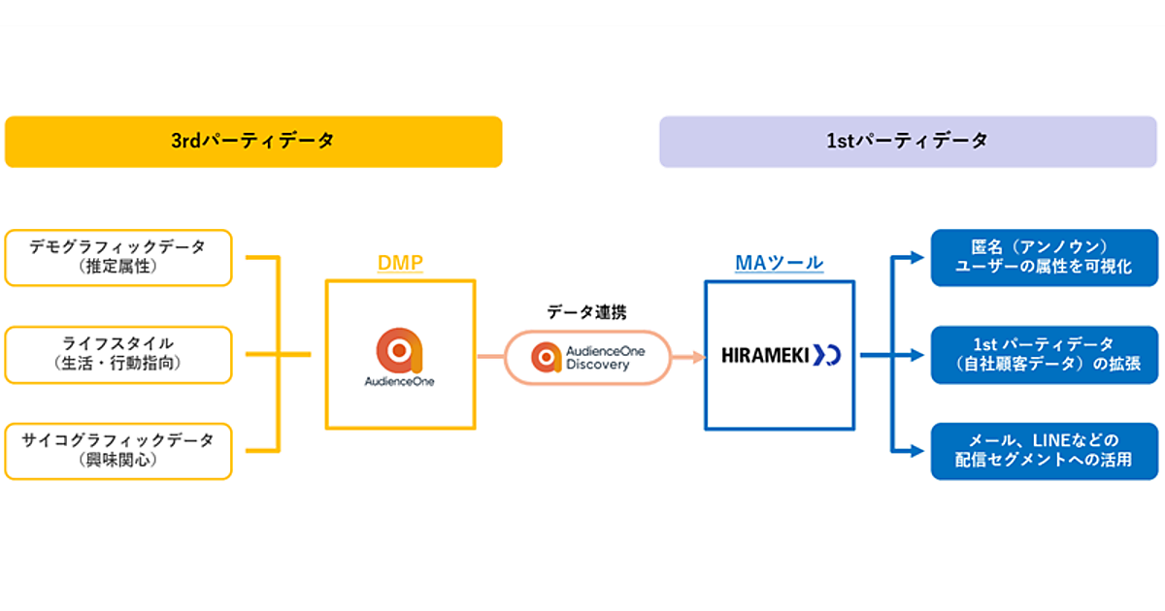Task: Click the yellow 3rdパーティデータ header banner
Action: click(x=253, y=142)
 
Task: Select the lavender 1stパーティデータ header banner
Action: click(x=908, y=142)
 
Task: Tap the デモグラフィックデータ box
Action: click(x=118, y=258)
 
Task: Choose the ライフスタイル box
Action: click(x=118, y=354)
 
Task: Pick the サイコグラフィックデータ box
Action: click(x=118, y=451)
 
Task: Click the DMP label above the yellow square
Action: click(x=400, y=263)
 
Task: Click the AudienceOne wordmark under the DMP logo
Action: click(x=400, y=382)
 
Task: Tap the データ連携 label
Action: click(x=586, y=312)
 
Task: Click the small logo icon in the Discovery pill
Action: click(x=547, y=357)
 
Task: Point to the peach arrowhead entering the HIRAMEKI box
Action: click(x=697, y=357)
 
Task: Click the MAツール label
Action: click(x=780, y=263)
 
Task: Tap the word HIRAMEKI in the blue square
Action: click(x=765, y=356)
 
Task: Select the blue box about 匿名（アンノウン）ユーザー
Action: click(x=1044, y=258)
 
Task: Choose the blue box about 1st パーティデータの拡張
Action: click(x=1044, y=354)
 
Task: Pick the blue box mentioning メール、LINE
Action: click(x=1044, y=451)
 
